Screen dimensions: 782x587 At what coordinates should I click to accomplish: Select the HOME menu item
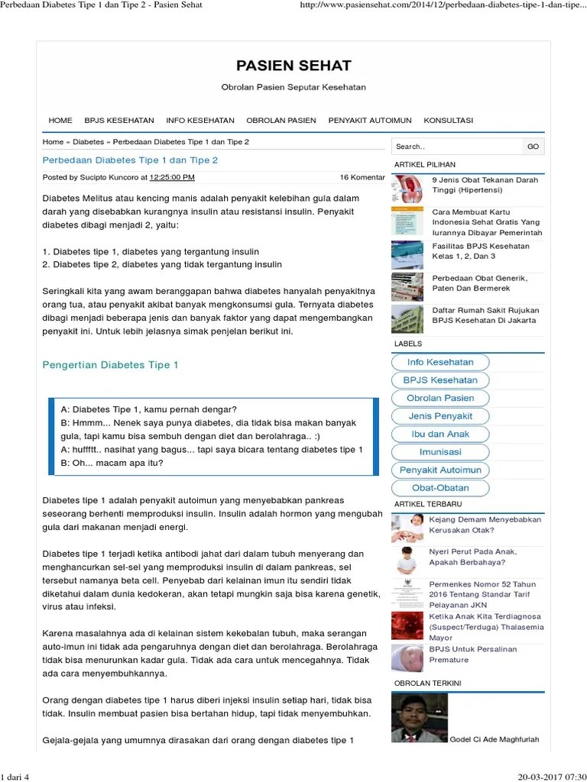[x=60, y=121]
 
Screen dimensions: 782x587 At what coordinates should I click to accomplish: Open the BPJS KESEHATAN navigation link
[x=119, y=121]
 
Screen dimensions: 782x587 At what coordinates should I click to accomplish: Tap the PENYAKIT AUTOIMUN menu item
[x=370, y=121]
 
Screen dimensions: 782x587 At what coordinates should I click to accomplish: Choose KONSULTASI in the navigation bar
[x=449, y=121]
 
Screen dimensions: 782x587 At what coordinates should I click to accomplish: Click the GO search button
[x=533, y=147]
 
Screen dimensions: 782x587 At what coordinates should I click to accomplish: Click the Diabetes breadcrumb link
[x=88, y=142]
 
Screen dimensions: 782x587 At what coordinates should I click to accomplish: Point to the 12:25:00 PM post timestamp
[x=172, y=177]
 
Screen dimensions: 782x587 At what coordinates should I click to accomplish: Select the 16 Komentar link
[x=362, y=177]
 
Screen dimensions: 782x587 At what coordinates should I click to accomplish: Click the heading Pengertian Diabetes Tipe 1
[x=110, y=365]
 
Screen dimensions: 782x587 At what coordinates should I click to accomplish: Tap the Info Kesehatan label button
[x=440, y=362]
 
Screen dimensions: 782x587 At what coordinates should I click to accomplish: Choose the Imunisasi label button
[x=440, y=452]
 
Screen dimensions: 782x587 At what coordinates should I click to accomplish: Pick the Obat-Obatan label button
[x=440, y=488]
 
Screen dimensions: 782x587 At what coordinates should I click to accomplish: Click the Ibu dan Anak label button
[x=440, y=434]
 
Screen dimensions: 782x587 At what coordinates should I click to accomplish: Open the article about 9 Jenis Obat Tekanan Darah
[x=485, y=186]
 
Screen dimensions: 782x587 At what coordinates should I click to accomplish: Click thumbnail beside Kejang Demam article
[x=407, y=527]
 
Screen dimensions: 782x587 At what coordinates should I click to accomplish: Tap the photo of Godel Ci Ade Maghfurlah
[x=419, y=717]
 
